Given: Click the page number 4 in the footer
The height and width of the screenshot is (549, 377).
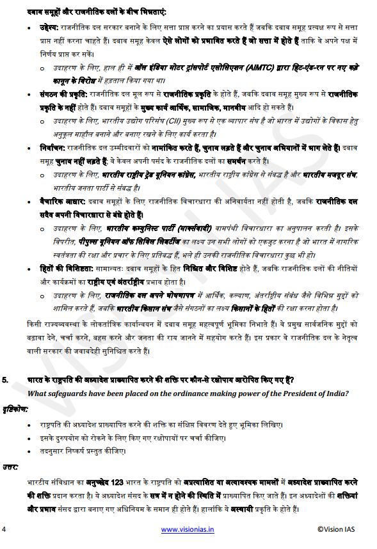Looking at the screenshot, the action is [x=4, y=529].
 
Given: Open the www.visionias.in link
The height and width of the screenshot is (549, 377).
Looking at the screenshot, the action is [x=188, y=529].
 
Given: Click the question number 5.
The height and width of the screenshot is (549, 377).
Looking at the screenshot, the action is [x=5, y=380].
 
